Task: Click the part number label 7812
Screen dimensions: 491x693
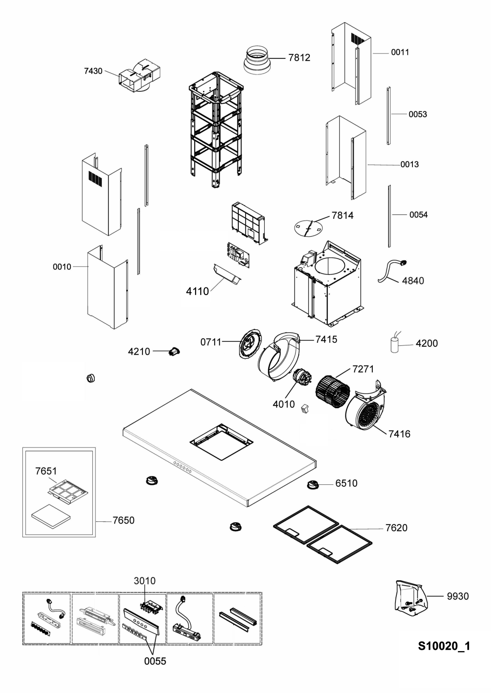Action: click(299, 58)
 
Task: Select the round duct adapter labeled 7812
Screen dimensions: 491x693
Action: click(257, 60)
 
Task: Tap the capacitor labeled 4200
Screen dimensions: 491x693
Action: click(394, 344)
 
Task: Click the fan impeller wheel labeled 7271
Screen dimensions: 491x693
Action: click(333, 390)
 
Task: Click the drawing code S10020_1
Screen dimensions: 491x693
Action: click(444, 646)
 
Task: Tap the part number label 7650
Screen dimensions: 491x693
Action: click(123, 520)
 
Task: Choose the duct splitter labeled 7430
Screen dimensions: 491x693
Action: click(139, 75)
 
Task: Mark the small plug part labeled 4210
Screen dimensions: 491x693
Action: click(175, 352)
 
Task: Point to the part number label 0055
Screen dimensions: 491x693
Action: click(155, 661)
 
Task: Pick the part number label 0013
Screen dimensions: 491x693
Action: click(409, 164)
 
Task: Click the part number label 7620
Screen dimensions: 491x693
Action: click(396, 528)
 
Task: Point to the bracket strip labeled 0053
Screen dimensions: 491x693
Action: click(388, 116)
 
